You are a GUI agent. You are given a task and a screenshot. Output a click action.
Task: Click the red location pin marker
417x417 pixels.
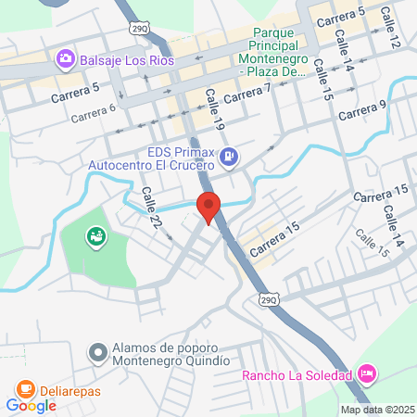point(209,206)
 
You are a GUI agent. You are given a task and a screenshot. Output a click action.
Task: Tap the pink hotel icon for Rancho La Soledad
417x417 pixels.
point(367,373)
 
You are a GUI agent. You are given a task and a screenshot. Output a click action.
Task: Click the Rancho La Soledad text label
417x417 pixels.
point(297,375)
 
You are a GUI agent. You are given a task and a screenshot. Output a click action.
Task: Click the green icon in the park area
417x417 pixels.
point(95,238)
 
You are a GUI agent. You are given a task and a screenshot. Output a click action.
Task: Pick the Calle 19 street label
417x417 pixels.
point(214,108)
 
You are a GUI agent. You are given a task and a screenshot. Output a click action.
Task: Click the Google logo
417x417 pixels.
point(31,405)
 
